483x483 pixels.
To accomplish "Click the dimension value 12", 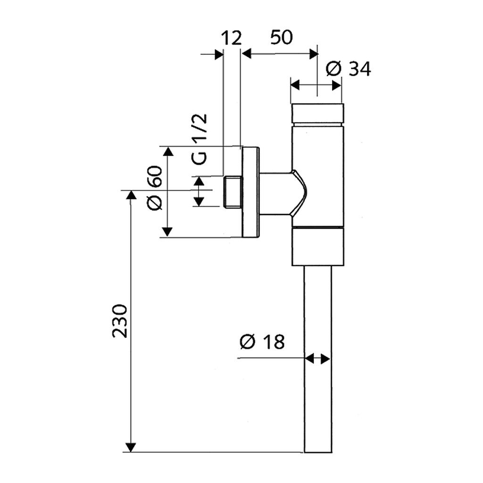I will tap(231, 38).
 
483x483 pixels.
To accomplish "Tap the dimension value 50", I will tap(282, 37).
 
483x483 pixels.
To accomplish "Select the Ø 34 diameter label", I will tap(349, 69).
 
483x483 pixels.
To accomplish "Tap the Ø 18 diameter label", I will tap(262, 341).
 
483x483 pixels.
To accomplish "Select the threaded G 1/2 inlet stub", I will tap(231, 192).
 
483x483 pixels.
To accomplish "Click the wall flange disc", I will tap(250, 192).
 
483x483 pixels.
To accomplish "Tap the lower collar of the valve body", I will tap(317, 246).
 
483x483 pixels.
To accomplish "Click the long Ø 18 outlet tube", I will tap(317, 358).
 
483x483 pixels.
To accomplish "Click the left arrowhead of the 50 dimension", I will tap(248, 53).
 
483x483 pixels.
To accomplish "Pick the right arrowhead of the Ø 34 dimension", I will tap(336, 85).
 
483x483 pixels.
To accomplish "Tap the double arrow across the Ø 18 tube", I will tap(317, 359).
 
